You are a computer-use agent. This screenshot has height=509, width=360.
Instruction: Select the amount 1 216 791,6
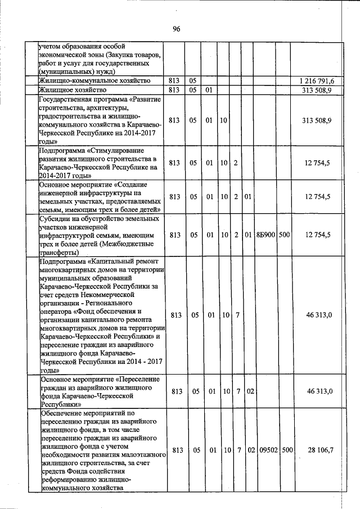319,81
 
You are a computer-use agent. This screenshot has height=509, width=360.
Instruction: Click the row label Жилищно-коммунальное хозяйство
93,81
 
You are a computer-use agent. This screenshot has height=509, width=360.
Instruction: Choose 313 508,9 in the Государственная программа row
319,120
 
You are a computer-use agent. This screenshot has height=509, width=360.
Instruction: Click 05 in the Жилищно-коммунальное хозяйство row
192,81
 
